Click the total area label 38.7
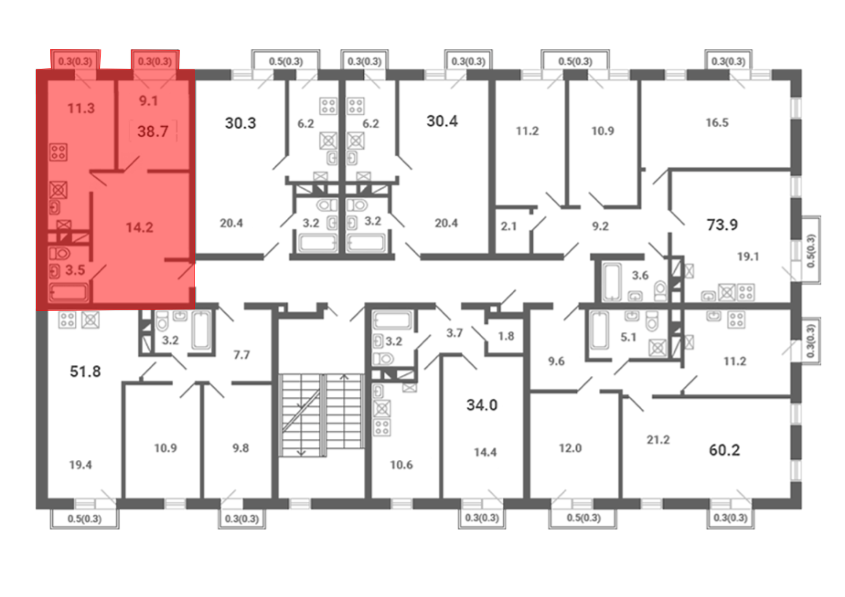pos(153,131)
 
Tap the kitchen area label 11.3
pos(81,109)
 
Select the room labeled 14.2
pos(139,228)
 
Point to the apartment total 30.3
pos(240,123)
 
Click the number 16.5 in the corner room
pos(717,122)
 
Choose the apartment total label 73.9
pos(722,225)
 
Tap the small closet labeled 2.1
pos(509,226)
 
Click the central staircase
pos(322,415)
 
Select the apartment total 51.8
pos(85,372)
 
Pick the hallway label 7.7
pos(242,355)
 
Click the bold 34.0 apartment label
pos(482,405)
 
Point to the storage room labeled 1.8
pos(506,336)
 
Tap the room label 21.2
pos(658,440)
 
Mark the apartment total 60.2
pos(725,450)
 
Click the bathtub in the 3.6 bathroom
pos(611,282)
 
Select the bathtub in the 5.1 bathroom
pos(600,330)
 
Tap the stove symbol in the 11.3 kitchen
pos(58,152)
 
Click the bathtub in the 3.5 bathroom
pos(68,292)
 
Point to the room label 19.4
pos(80,465)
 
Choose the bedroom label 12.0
pos(570,448)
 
